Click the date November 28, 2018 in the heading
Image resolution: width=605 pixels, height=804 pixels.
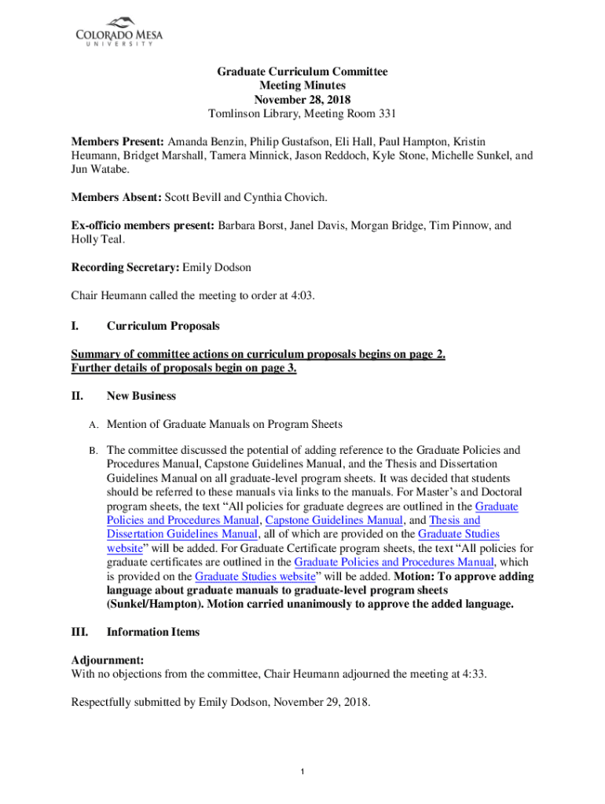[x=302, y=100]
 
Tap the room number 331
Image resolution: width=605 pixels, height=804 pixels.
[x=387, y=114]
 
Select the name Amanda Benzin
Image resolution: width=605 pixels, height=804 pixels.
[x=203, y=141]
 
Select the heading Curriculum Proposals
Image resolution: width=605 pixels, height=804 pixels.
[x=163, y=325]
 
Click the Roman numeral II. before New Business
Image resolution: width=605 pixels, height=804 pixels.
[x=77, y=396]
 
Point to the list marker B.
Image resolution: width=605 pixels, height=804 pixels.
[x=92, y=451]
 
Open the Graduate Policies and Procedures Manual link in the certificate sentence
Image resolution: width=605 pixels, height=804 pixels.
[x=394, y=562]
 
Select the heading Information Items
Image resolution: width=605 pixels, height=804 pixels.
[x=153, y=632]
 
